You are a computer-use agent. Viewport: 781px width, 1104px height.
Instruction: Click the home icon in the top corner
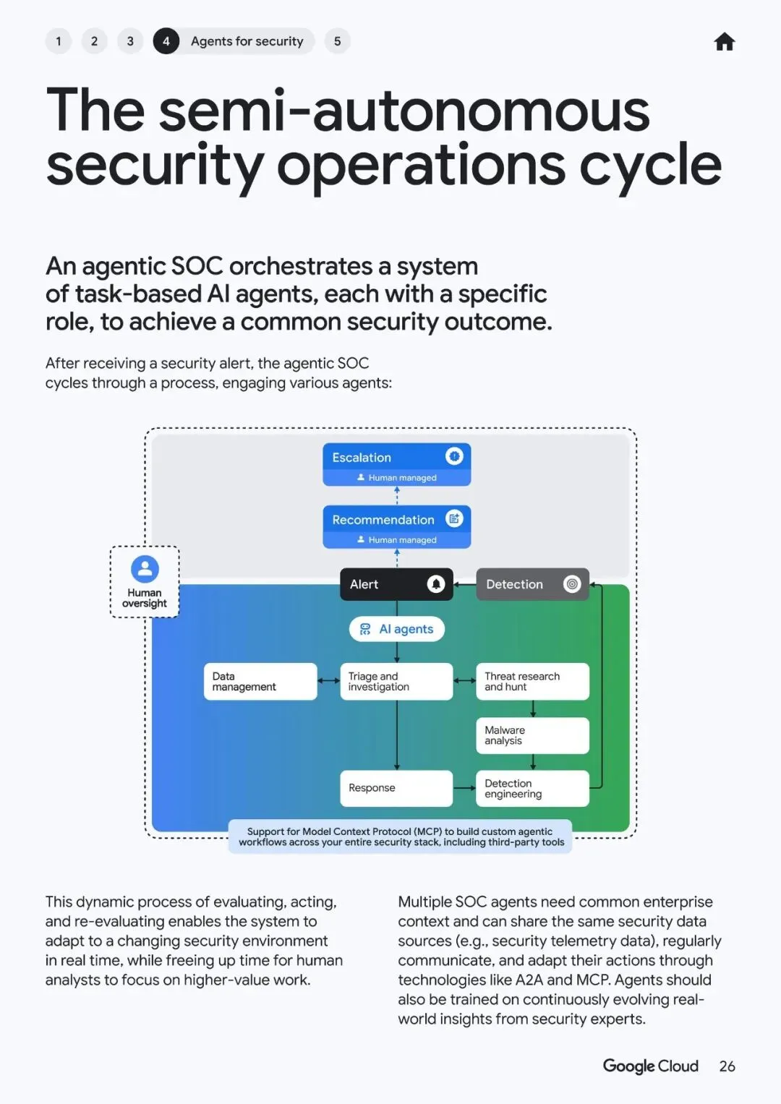(x=724, y=42)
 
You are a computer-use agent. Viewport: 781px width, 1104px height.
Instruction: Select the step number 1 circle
(x=59, y=41)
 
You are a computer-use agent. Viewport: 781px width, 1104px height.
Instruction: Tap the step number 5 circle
(x=337, y=41)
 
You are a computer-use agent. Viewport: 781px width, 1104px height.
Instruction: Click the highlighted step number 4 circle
(x=166, y=41)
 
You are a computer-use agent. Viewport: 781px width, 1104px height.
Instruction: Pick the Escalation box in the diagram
(x=396, y=463)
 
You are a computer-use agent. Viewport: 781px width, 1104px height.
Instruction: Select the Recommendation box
(x=396, y=526)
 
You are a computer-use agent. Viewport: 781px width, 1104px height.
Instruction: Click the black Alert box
(x=396, y=584)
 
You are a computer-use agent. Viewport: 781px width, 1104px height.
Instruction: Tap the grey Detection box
(x=532, y=584)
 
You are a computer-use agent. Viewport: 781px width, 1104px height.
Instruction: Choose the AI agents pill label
(x=397, y=629)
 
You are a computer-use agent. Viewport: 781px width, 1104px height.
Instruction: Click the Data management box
(x=260, y=681)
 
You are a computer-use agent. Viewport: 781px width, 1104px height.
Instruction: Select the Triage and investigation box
(x=396, y=681)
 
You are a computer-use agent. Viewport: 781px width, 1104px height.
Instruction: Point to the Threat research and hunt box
(x=532, y=681)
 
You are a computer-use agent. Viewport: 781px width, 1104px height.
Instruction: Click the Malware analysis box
(x=532, y=735)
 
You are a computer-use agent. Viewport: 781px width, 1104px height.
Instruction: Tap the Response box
(x=396, y=787)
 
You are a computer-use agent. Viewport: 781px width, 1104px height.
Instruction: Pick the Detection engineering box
(x=532, y=788)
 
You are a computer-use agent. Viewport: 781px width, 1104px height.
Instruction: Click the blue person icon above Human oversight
(x=145, y=568)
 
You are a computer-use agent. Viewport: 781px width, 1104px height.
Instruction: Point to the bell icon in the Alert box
(x=435, y=584)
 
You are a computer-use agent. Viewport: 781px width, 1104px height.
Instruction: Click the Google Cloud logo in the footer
(x=650, y=1066)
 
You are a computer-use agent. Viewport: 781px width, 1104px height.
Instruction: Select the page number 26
(x=727, y=1066)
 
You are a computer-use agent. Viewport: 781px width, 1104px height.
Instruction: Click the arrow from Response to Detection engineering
(x=464, y=787)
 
